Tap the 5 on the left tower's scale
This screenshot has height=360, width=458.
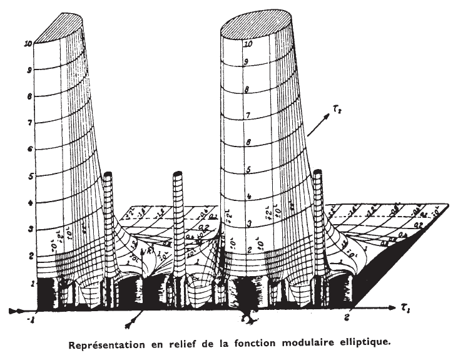(x=28, y=177)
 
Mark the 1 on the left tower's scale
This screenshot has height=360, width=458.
(x=28, y=284)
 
